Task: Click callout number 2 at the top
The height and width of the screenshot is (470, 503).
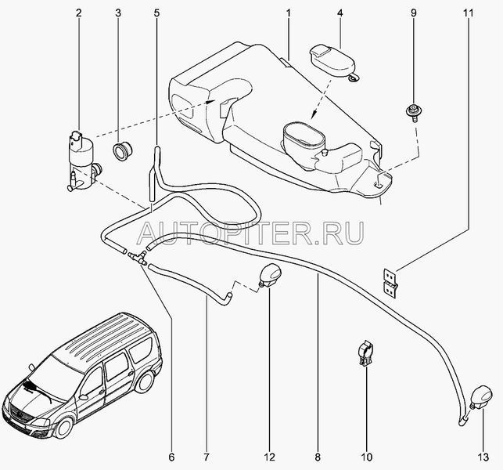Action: [x=78, y=13]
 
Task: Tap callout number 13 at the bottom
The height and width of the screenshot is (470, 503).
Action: [x=483, y=457]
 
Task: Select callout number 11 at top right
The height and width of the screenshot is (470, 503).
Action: [x=468, y=13]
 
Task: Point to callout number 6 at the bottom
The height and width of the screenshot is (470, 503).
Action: [x=171, y=457]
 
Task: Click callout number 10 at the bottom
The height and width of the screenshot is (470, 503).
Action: [x=367, y=457]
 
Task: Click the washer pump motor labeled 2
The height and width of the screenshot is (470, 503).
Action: [x=83, y=161]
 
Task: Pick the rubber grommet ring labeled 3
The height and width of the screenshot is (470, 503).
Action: [x=123, y=151]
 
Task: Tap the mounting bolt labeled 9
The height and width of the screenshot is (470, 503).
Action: [x=414, y=113]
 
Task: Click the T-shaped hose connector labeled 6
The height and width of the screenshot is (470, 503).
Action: [x=138, y=258]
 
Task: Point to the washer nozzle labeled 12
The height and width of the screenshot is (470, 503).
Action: [x=270, y=276]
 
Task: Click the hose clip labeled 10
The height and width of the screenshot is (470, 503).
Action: [x=365, y=354]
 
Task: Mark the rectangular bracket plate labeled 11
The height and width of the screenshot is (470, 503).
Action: [x=390, y=282]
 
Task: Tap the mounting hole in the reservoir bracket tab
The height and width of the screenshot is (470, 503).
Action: [x=378, y=184]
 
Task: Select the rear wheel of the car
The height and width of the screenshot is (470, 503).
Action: [x=145, y=381]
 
